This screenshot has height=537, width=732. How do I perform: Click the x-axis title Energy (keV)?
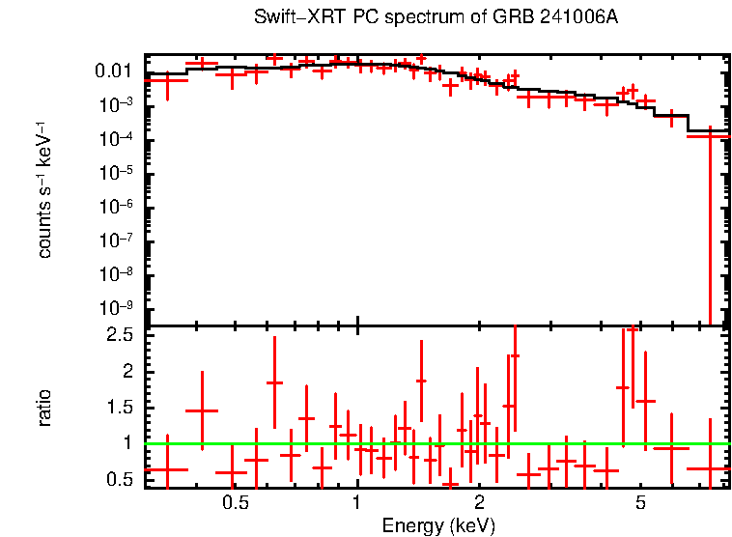[x=438, y=525]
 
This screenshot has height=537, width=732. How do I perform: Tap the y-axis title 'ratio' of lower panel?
[x=44, y=408]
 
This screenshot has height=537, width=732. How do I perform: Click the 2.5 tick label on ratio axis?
[x=121, y=335]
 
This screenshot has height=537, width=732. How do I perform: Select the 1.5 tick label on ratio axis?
[x=121, y=408]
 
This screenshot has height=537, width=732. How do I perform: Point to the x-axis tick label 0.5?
[x=235, y=504]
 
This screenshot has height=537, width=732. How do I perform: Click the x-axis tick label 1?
[x=357, y=504]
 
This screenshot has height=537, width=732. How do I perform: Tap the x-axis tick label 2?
[x=479, y=504]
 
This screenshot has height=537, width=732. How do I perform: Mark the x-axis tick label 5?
[x=640, y=504]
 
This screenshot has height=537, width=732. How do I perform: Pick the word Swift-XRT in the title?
[x=291, y=18]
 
